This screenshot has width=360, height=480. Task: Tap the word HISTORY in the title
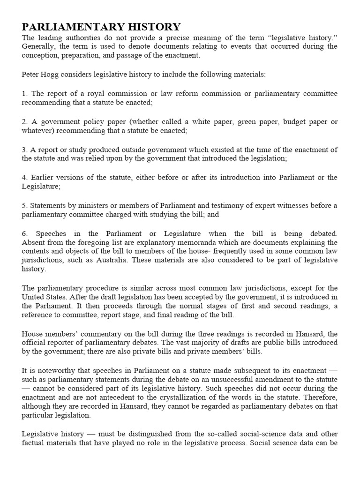click(x=154, y=27)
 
